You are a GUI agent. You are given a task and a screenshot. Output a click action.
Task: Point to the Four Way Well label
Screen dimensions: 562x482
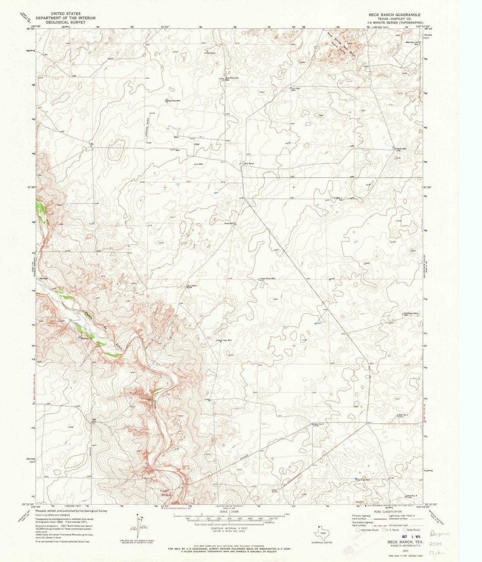pos(295,89)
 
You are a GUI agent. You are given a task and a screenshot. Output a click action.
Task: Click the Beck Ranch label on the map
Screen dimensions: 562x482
pos(249,164)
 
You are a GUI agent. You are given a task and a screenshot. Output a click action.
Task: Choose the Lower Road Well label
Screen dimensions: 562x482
pos(268,279)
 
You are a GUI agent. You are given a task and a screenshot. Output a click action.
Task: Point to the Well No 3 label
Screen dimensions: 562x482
pos(318,424)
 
